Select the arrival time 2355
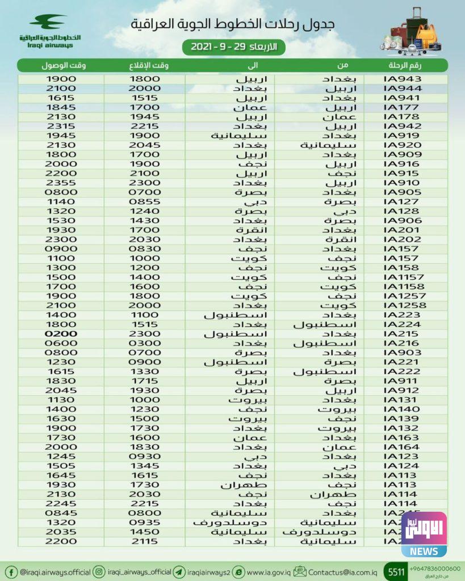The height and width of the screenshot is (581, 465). click(x=61, y=183)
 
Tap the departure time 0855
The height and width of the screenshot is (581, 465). click(x=146, y=201)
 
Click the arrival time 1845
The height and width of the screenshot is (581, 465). click(x=61, y=107)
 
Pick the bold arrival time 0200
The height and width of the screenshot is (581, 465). click(x=61, y=334)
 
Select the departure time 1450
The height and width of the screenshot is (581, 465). click(x=146, y=532)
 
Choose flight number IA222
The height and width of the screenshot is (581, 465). click(x=403, y=371)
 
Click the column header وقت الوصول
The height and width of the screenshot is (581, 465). click(x=64, y=65)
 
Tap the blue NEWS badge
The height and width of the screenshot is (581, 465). click(x=424, y=551)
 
